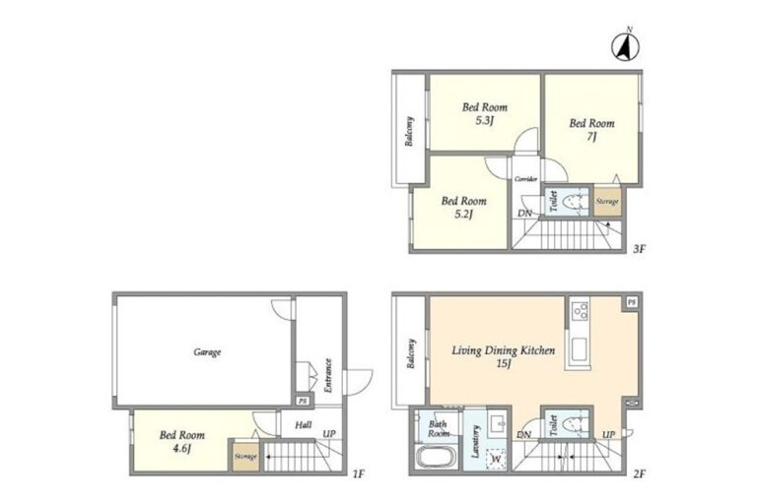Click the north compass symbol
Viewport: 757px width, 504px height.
click(x=626, y=46)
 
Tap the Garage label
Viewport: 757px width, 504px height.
click(x=207, y=352)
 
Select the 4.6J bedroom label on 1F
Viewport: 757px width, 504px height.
click(x=182, y=442)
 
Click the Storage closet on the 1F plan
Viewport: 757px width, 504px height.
click(x=245, y=456)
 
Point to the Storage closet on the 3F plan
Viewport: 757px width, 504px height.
click(x=607, y=201)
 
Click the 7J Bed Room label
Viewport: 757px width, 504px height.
click(x=591, y=130)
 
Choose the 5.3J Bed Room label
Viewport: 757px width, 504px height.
click(x=485, y=113)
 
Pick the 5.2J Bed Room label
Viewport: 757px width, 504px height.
click(x=463, y=207)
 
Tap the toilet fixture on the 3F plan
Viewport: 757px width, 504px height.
click(x=574, y=201)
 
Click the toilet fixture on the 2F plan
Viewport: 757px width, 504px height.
click(x=574, y=424)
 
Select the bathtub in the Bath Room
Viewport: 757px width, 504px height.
click(x=436, y=457)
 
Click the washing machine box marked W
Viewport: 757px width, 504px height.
click(x=496, y=459)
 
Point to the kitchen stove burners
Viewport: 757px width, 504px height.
click(x=579, y=311)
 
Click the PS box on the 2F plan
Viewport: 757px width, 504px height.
click(x=632, y=302)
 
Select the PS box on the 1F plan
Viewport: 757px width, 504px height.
click(x=303, y=401)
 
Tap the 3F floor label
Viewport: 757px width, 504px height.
click(x=639, y=249)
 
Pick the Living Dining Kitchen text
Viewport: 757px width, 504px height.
click(x=503, y=350)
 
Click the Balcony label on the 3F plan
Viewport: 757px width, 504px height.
click(x=409, y=131)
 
